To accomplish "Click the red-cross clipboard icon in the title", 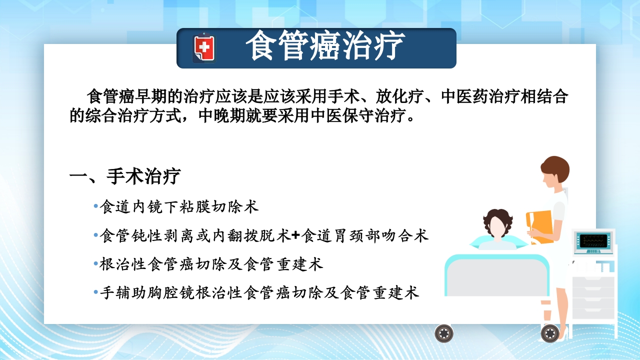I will click(203, 48).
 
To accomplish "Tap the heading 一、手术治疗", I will click(124, 176).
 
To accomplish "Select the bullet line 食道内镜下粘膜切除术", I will click(179, 207).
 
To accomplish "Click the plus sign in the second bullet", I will click(296, 235).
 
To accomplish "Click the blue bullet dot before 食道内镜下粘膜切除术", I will click(96, 206).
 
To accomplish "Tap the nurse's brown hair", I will click(555, 167).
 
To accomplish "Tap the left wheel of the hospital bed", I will click(443, 333).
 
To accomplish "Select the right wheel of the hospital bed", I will click(550, 333).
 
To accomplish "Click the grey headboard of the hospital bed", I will click(495, 275).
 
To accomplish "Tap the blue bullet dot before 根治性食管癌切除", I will click(96, 264).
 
